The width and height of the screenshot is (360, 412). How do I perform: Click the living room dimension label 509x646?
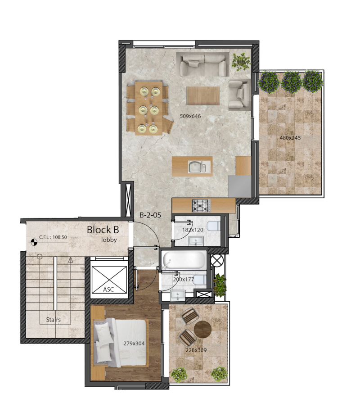(190, 116)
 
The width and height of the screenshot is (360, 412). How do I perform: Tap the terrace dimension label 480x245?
(290, 138)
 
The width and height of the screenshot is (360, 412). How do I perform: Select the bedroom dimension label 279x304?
(134, 343)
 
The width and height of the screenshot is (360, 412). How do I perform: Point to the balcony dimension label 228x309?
(196, 350)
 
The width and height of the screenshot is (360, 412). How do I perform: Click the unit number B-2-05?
(150, 215)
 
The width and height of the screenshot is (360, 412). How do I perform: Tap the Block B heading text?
(103, 230)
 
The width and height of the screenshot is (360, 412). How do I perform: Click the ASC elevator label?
(108, 290)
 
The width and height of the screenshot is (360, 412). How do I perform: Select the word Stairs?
(53, 320)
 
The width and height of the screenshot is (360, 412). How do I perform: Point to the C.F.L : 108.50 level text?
(53, 237)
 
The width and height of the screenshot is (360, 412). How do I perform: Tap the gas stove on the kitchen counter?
(201, 205)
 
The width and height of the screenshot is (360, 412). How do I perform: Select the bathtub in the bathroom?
(184, 260)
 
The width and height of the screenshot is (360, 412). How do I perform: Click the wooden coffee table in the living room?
(203, 95)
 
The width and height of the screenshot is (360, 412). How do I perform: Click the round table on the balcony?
(202, 329)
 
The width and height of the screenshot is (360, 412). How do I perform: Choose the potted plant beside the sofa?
(241, 62)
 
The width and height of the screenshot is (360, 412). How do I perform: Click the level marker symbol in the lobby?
(34, 242)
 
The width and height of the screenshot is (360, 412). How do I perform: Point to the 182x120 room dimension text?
(193, 230)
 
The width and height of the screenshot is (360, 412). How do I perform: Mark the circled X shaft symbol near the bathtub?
(217, 261)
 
